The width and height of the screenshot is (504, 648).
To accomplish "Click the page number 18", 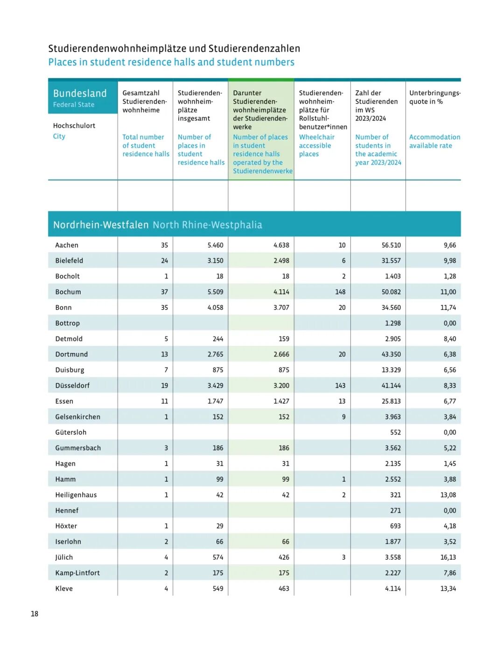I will point(35,613).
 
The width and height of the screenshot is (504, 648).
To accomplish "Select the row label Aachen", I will point(67,245).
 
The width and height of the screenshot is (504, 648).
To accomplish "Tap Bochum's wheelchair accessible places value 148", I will point(340,292).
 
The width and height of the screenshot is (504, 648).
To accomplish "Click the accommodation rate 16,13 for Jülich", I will point(448,557).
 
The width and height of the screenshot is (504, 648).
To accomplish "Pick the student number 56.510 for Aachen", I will point(391,245).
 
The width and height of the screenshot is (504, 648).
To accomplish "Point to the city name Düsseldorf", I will point(72,385).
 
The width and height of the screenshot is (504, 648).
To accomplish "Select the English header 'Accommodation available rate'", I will point(434,141).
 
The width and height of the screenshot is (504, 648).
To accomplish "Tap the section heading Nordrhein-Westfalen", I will point(101,225).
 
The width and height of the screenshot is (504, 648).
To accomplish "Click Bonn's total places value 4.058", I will point(215,307).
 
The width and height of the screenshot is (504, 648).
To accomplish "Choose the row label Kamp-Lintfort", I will point(77,573).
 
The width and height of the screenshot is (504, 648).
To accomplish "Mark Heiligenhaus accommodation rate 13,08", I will point(448,495).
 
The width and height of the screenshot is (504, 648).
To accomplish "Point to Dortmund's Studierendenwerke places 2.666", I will point(281,354).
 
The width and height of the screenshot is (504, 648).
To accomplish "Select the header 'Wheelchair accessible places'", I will point(317,145).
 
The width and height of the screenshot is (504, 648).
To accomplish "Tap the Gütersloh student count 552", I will point(395,432).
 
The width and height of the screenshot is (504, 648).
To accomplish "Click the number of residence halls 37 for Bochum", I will point(164,292).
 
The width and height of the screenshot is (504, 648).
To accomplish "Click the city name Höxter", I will point(66,526).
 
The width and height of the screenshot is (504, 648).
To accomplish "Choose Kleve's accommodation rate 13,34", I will point(448,588).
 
